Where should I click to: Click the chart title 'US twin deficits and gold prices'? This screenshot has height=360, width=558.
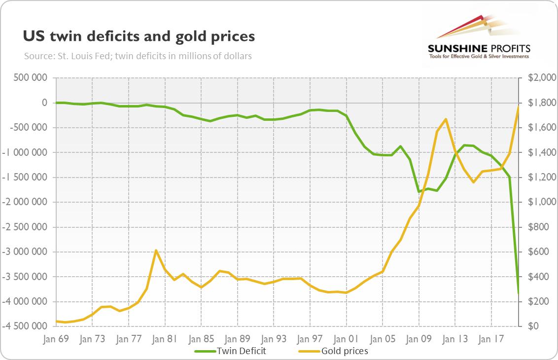(139, 36)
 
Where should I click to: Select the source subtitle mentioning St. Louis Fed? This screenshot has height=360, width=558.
(138, 56)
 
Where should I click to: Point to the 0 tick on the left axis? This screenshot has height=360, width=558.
(44, 103)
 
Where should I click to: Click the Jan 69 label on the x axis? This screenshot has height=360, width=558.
(56, 339)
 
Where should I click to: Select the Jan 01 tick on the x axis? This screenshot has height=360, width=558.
(347, 339)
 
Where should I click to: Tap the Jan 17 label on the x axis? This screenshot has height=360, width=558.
(492, 339)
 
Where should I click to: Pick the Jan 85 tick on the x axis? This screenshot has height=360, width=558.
(201, 339)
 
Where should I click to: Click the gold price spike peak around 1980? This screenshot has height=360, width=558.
(156, 251)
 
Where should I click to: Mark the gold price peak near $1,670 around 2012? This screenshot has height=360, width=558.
(446, 119)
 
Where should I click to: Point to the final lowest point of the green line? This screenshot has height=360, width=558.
(519, 293)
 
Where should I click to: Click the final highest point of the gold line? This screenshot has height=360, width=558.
(519, 106)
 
